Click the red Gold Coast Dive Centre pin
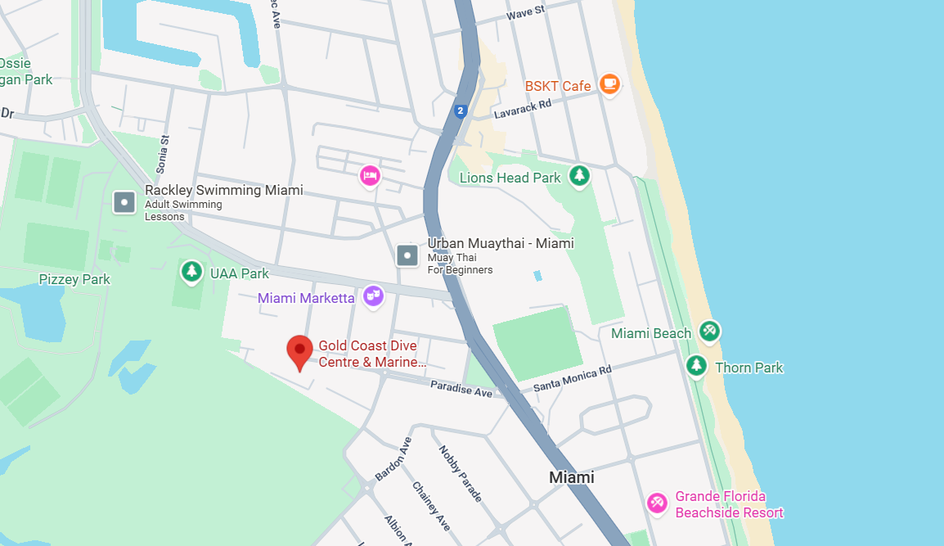tap(300, 351)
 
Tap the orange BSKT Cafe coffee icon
tap(609, 83)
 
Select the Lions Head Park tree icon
tap(579, 175)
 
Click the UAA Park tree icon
tap(191, 271)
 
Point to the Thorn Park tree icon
tap(696, 365)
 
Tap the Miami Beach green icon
tap(709, 332)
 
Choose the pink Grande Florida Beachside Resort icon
tap(656, 503)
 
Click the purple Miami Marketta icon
tap(373, 296)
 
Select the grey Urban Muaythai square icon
tap(407, 255)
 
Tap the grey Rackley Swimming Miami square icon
tap(124, 201)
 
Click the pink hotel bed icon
tap(370, 176)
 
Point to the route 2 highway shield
tap(461, 110)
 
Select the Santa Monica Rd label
tap(572, 378)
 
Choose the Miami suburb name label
tap(571, 477)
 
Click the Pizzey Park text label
tap(74, 279)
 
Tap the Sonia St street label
tap(163, 155)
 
